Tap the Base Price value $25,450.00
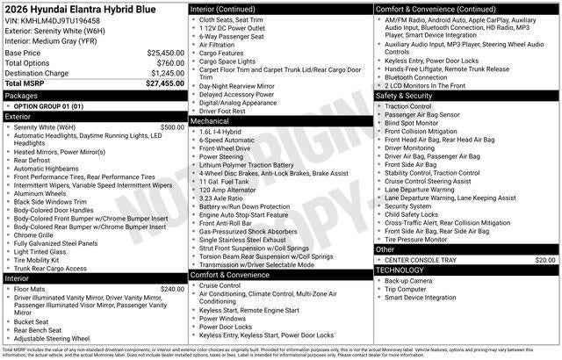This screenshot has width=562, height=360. tap(165, 53)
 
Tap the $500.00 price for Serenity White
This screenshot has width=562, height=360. tap(172, 126)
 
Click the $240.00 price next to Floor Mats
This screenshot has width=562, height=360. tap(172, 289)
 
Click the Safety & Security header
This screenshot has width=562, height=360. tap(407, 95)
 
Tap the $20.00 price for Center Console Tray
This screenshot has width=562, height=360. tap(545, 260)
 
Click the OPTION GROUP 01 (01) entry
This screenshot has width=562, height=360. tap(48, 105)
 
